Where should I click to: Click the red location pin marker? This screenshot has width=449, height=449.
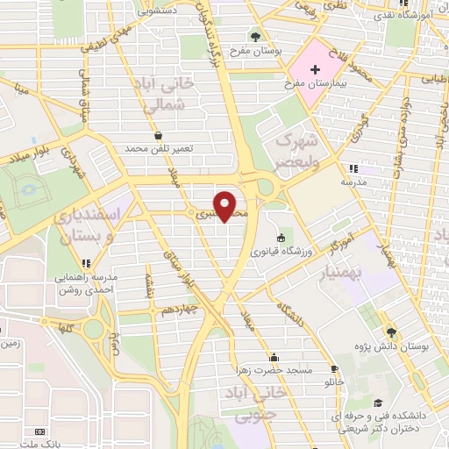point(226,207)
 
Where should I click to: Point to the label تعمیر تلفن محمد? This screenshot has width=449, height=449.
point(158,149)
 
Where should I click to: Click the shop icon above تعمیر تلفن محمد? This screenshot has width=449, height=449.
point(158,136)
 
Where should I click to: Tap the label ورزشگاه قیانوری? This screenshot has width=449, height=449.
point(280,251)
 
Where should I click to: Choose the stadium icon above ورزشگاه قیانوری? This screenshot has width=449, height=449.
point(280,238)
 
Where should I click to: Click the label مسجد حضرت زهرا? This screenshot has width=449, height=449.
point(274,370)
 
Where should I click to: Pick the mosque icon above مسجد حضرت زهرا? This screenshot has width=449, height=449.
point(274,357)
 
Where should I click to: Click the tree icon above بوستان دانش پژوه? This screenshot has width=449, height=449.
point(390,331)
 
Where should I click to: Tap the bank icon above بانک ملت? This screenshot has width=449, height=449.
point(38,432)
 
